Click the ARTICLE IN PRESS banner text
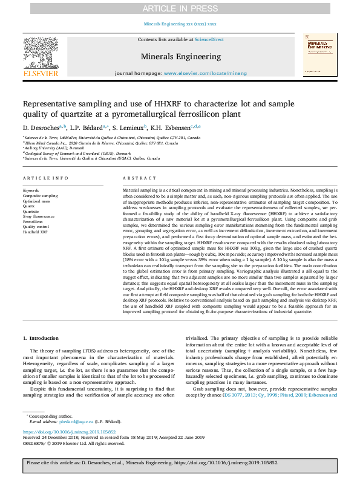(180, 8)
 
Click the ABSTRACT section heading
(136, 178)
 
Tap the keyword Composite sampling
(41, 195)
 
